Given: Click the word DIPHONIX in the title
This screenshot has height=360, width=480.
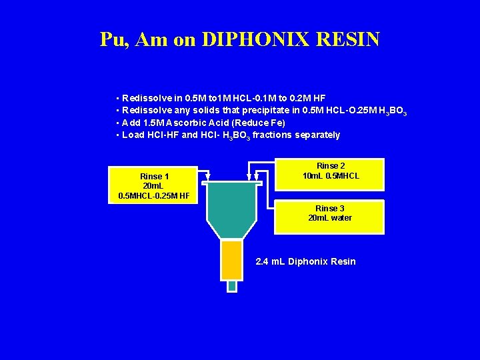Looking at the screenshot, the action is (257, 39).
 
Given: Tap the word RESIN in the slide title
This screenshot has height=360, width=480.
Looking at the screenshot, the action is (349, 39).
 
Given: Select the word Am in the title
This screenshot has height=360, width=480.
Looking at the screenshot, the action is (151, 39).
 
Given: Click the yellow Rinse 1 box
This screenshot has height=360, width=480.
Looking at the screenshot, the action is (153, 185).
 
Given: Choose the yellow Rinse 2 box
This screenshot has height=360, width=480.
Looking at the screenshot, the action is (331, 174).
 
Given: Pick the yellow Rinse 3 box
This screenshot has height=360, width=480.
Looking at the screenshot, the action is (330, 216).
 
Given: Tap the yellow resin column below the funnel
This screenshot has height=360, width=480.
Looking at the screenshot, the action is (231, 260).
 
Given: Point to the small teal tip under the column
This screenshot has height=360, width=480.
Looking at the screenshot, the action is (231, 285).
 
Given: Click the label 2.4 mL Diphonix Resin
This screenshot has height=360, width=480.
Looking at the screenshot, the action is (306, 261).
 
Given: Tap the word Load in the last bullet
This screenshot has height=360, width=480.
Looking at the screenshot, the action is (133, 135).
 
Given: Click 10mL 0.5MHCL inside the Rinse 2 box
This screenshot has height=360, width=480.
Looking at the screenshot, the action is (331, 176).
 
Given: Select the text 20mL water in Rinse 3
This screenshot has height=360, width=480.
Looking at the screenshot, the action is (330, 218).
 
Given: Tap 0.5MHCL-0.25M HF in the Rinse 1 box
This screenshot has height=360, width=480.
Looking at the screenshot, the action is (153, 195).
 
